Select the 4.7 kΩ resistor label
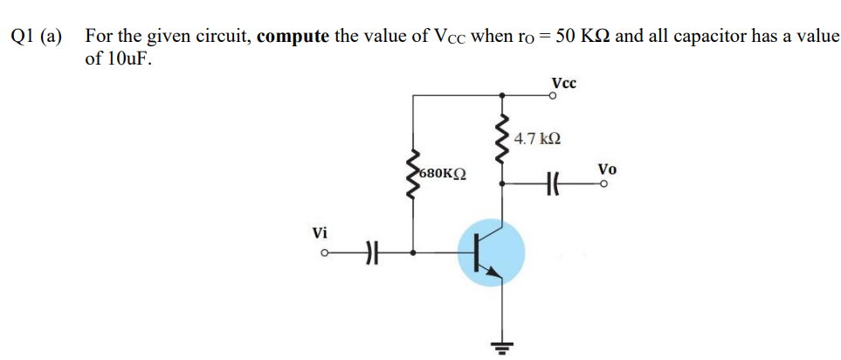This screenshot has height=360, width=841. tap(537, 138)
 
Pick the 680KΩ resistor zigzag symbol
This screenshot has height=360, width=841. tap(413, 176)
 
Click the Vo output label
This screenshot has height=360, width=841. tap(607, 168)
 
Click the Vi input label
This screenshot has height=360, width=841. tap(321, 233)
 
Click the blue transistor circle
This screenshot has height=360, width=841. tap(492, 253)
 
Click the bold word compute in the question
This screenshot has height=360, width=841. tap(293, 36)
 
